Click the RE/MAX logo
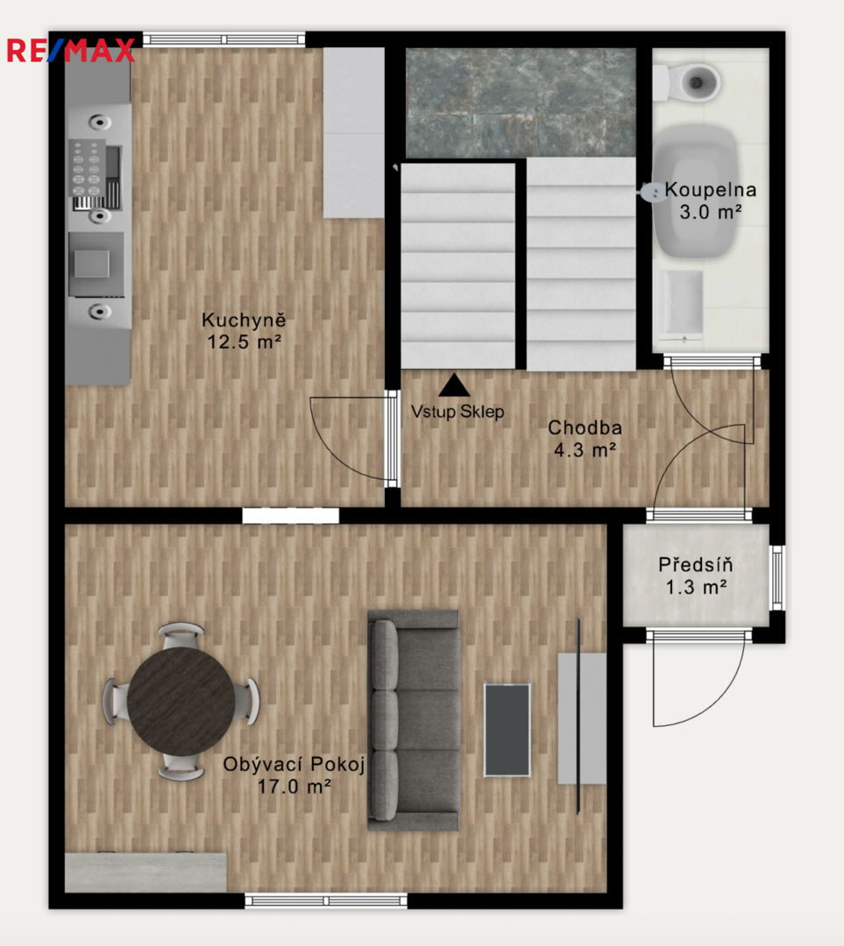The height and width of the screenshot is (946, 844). (x=71, y=50)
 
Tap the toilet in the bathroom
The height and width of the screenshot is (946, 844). (x=687, y=82)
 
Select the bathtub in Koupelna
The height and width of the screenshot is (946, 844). (x=696, y=191)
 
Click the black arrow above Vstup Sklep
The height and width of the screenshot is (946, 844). (x=454, y=385)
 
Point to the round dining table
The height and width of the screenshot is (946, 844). (x=181, y=701)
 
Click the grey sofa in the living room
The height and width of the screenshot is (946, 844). (x=415, y=720)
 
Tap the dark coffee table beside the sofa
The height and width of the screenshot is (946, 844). (x=507, y=730)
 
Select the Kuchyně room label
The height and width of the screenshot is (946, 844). (x=244, y=320)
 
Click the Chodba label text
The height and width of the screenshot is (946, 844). (x=585, y=427)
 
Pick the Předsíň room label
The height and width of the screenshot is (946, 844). (x=696, y=565)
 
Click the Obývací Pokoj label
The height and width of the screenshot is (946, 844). (x=294, y=765)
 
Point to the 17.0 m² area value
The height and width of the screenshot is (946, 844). (x=294, y=787)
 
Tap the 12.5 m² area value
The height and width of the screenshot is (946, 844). (x=244, y=342)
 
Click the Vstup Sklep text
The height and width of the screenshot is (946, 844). (x=457, y=412)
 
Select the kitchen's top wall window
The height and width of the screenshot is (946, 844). (x=224, y=39)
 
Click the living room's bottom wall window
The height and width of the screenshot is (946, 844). (x=326, y=901)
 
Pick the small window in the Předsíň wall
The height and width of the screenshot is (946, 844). (x=777, y=577)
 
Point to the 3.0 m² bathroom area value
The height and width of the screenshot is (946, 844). (x=711, y=212)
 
